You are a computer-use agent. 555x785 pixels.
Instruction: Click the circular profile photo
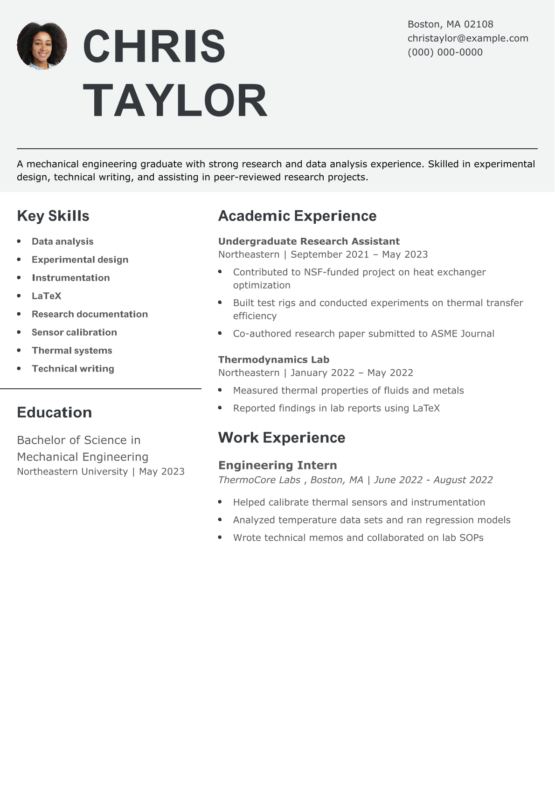pos(42,45)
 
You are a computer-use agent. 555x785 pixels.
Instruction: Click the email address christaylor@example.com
pos(468,38)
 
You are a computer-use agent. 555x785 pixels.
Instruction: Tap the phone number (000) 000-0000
pos(445,52)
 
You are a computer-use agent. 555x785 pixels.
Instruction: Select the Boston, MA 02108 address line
pos(450,24)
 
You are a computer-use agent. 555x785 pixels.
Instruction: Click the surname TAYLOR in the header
pos(175,101)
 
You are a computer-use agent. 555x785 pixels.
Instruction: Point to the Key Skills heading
pos(53,216)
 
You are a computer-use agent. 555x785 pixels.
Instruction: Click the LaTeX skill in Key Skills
pos(47,296)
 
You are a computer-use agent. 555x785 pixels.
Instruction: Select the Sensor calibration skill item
pos(74,332)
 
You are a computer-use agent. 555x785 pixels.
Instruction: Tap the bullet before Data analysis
pos(19,241)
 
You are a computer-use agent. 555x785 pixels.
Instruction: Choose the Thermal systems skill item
pos(72,351)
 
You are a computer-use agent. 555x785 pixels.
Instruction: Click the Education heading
pos(54,413)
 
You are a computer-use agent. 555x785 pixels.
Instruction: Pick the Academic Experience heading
pos(297,216)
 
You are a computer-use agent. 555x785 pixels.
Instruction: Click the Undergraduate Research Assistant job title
pos(309,241)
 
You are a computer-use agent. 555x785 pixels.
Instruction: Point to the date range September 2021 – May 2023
pos(359,255)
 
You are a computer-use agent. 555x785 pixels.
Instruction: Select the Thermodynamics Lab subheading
pos(274,360)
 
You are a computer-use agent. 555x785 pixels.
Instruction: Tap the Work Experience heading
pos(282,438)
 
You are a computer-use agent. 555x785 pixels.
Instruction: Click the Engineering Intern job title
pos(277,465)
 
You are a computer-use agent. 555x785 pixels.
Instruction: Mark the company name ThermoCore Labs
pos(259,480)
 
